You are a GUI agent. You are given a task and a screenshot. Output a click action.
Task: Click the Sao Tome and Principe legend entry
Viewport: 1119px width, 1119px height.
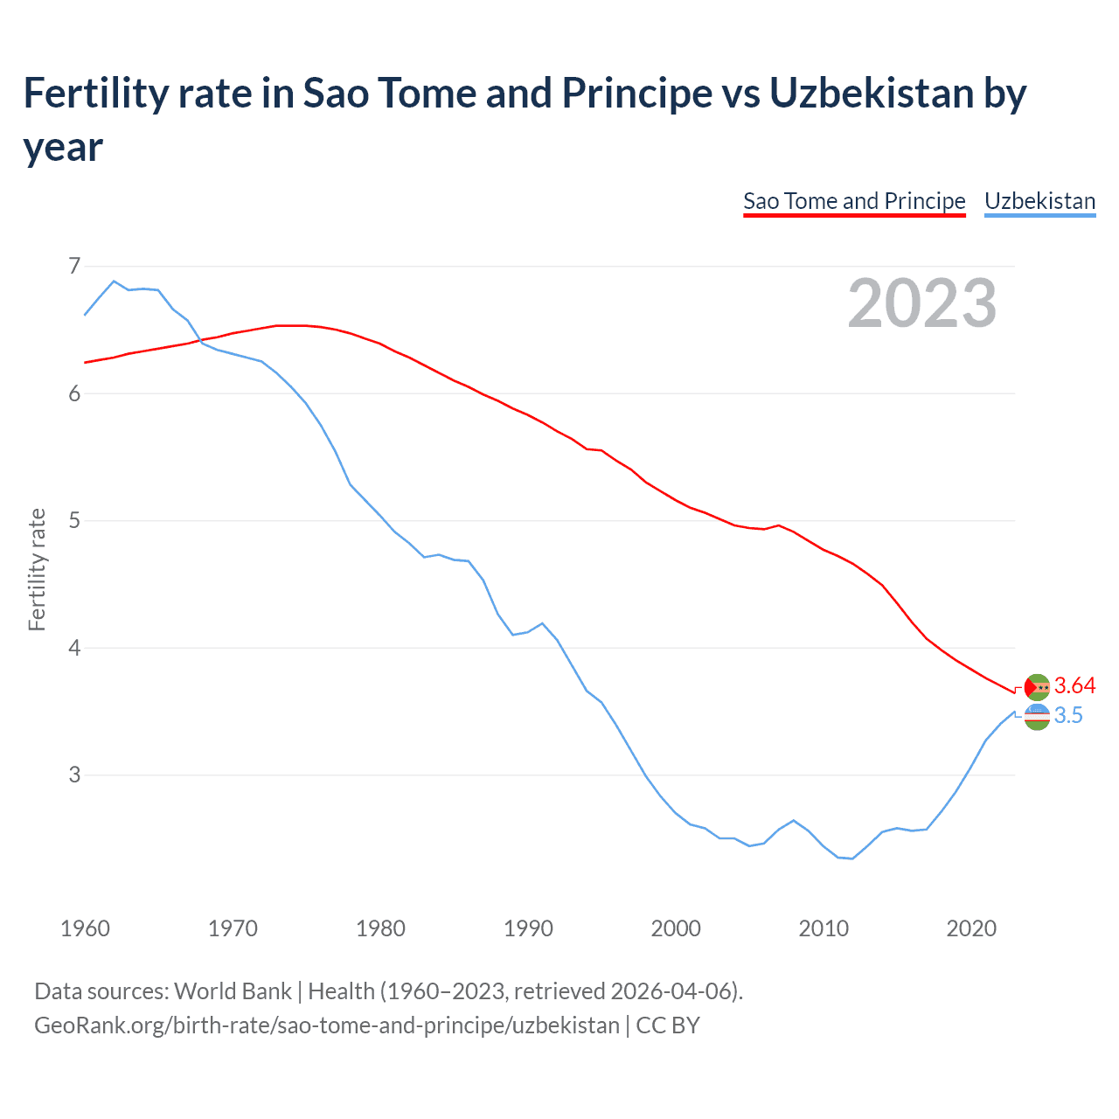(853, 201)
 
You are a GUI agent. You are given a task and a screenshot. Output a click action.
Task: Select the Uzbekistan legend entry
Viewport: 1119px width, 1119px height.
(1039, 201)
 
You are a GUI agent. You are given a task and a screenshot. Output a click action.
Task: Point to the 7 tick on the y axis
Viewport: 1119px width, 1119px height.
(74, 266)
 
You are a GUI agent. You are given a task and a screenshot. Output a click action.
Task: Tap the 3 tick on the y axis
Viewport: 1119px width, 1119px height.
(74, 775)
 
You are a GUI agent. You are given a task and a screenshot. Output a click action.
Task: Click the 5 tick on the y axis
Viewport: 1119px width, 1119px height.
(74, 521)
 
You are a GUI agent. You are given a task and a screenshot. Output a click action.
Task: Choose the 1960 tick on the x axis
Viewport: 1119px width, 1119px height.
(85, 928)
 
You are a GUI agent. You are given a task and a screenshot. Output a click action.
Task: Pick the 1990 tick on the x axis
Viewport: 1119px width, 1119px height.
(528, 928)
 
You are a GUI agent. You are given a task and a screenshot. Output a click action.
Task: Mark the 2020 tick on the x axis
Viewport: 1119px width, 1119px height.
(971, 928)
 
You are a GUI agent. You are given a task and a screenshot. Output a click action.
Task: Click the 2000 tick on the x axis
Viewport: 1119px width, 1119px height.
(676, 928)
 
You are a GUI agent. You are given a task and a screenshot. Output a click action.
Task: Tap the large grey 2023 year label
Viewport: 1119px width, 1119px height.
(921, 303)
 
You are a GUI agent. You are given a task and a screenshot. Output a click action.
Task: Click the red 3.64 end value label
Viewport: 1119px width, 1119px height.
(1074, 686)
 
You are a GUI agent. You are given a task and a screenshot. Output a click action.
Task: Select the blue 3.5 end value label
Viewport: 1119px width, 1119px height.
(1068, 716)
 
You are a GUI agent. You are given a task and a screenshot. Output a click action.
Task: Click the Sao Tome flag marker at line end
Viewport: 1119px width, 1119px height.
(1037, 687)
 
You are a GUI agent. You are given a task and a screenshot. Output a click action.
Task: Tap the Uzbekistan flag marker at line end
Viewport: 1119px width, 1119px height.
(1037, 717)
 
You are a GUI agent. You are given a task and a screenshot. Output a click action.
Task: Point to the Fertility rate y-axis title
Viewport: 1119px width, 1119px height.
(37, 569)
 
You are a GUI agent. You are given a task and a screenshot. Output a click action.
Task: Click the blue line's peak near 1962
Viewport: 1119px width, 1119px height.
(114, 281)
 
